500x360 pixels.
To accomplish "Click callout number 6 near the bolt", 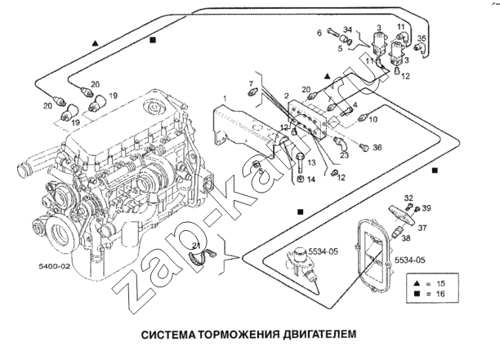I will coord(320,33).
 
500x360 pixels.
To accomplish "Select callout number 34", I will coord(346,30).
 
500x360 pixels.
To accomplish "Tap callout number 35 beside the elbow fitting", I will coord(422,38).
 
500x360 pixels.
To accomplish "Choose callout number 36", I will coord(377,148).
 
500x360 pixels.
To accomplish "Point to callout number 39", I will coord(426,208).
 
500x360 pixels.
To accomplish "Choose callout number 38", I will coord(406,241).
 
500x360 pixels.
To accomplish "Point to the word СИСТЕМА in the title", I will coord(170,334).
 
